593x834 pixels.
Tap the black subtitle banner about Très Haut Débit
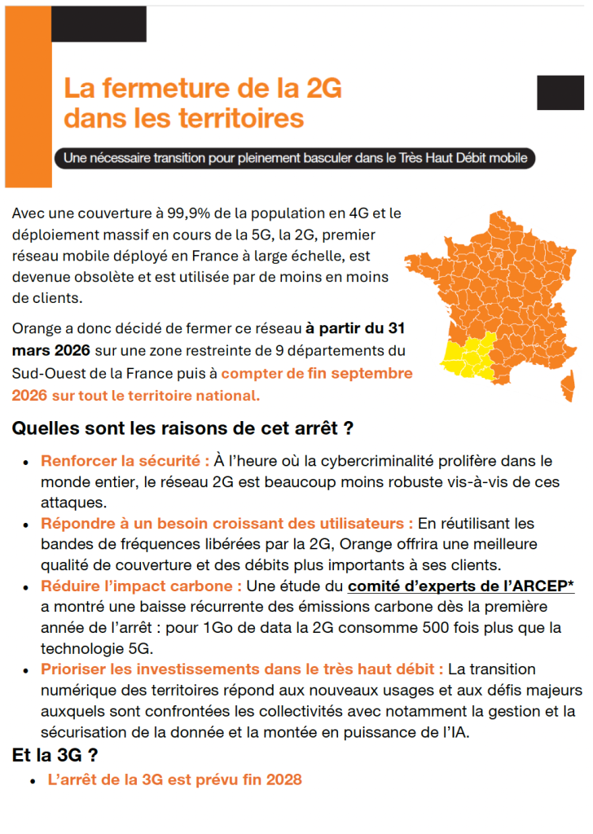(295, 157)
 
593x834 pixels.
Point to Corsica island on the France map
(563, 387)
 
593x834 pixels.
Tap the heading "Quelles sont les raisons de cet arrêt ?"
(182, 428)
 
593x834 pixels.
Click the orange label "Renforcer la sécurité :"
(125, 461)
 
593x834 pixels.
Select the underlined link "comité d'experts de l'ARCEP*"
(461, 586)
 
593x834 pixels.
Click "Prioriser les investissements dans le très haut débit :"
(242, 669)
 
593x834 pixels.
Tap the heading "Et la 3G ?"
(55, 755)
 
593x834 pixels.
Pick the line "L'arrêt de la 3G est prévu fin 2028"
(174, 780)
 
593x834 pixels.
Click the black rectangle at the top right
(560, 92)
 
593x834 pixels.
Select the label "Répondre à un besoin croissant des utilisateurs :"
(226, 523)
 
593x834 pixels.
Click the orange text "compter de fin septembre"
(317, 374)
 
